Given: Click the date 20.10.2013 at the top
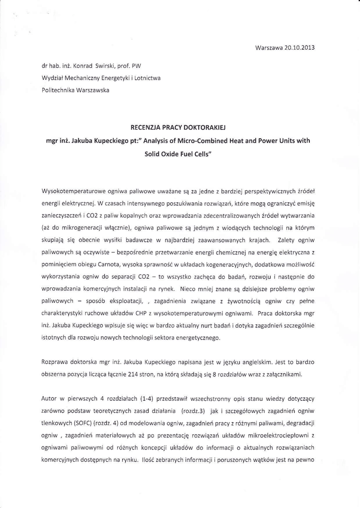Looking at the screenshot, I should tap(299, 48).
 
